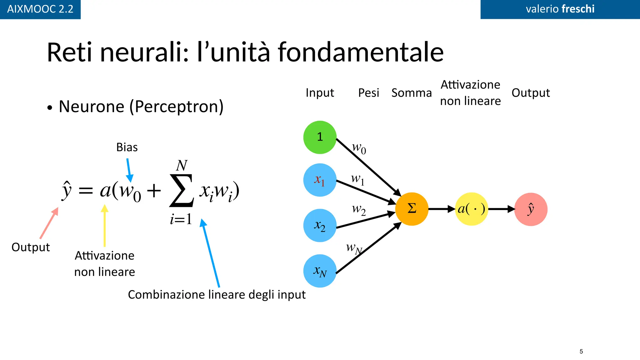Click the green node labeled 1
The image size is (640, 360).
tap(320, 137)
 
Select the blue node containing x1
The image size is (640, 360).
tap(320, 180)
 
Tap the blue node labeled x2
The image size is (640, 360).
tap(320, 225)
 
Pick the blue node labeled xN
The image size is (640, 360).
tap(320, 271)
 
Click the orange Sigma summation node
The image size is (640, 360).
tap(412, 209)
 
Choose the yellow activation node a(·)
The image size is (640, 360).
tap(472, 209)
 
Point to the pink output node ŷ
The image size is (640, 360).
tap(531, 209)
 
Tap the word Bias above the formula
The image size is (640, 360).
tap(127, 147)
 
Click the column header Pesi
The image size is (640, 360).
tap(368, 93)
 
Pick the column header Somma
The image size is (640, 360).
tap(411, 93)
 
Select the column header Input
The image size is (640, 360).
tap(320, 93)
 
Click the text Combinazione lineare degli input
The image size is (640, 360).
tap(217, 295)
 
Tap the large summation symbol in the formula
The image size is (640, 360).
tap(181, 191)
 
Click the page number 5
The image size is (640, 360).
tap(581, 351)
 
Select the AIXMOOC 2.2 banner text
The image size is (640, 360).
tap(40, 9)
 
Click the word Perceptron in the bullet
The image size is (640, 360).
tap(176, 107)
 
